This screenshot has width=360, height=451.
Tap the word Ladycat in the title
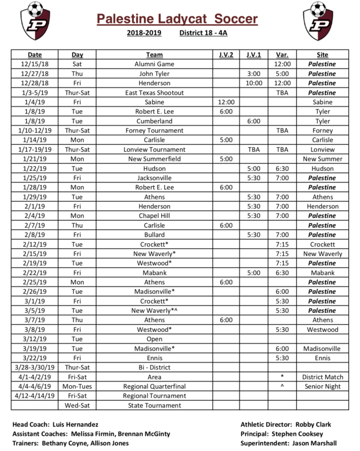[x=184, y=20]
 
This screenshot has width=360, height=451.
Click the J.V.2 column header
[x=226, y=55]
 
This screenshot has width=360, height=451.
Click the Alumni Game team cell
[x=154, y=64]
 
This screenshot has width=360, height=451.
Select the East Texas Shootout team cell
[x=154, y=93]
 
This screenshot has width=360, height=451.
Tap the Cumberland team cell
[x=154, y=121]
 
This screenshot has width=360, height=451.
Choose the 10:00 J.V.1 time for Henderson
[x=254, y=83]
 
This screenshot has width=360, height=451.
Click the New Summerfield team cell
[x=154, y=159]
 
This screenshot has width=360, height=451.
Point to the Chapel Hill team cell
[x=154, y=216]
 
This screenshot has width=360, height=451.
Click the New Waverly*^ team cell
[x=154, y=311]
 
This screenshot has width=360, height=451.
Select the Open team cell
[x=154, y=339]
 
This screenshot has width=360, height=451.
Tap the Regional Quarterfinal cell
[x=154, y=386]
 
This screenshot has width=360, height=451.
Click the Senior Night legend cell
[x=322, y=386]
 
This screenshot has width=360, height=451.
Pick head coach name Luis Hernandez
[x=80, y=424]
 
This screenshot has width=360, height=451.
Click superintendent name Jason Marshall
[x=318, y=443]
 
